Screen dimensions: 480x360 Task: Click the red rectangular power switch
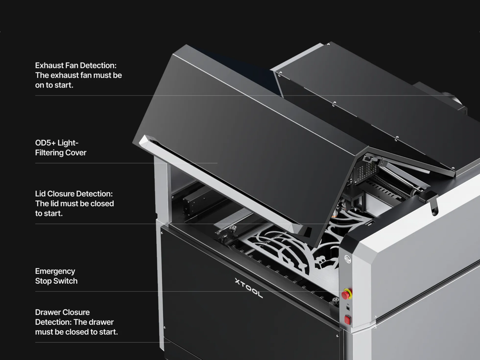pyautogui.click(x=347, y=320)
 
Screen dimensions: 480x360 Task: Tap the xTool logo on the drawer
pyautogui.click(x=249, y=288)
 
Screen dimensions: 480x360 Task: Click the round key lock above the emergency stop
pyautogui.click(x=347, y=259)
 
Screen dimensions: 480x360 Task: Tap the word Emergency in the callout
pyautogui.click(x=55, y=271)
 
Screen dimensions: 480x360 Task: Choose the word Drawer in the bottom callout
pyautogui.click(x=47, y=312)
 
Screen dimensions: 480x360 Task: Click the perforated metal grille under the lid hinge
pyautogui.click(x=365, y=171)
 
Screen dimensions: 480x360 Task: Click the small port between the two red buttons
pyautogui.click(x=348, y=307)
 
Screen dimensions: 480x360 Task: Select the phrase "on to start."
pyautogui.click(x=54, y=85)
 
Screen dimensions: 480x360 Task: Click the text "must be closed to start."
pyautogui.click(x=76, y=332)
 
